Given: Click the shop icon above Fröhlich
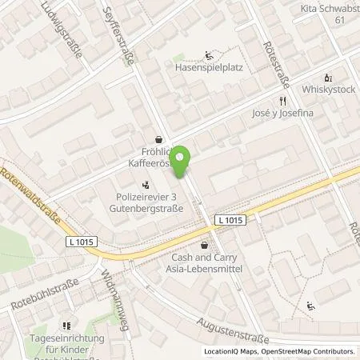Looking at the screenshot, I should (x=158, y=138).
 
